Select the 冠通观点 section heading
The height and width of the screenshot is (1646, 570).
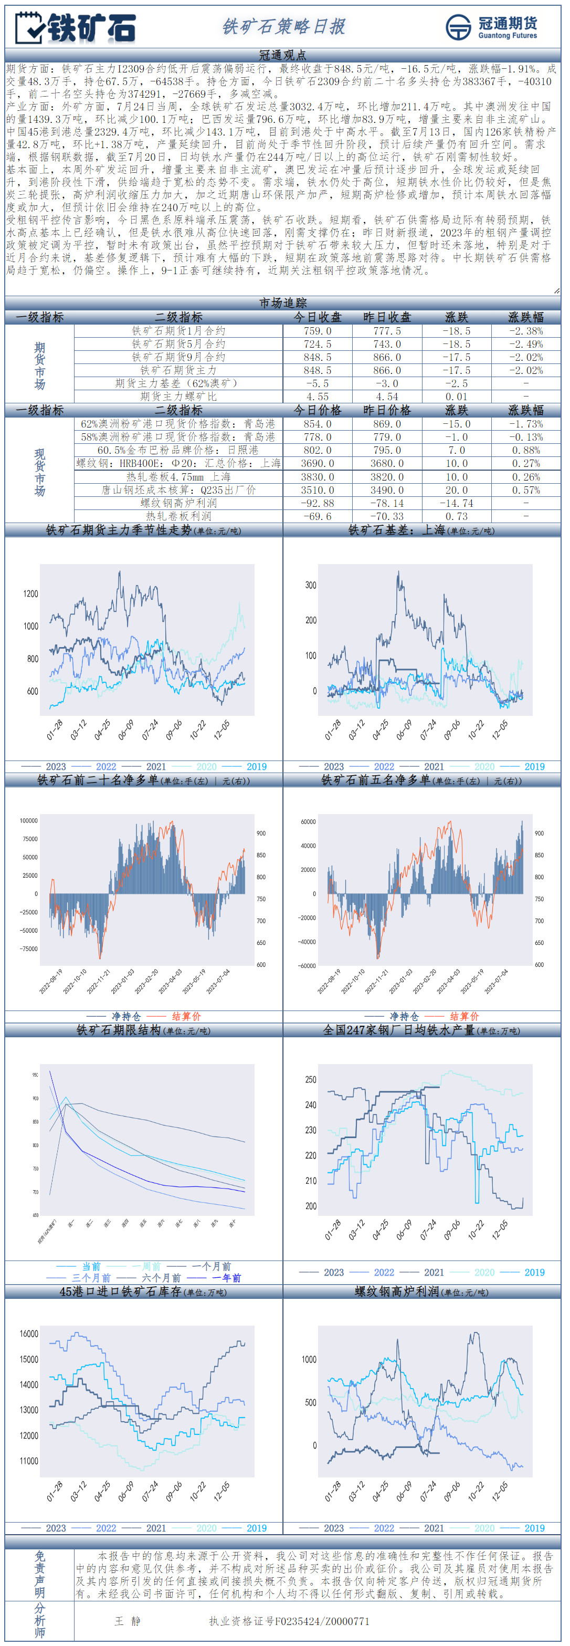coord(283,55)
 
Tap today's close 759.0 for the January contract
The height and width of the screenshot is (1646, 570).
coord(317,331)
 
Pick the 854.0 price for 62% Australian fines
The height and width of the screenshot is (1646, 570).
coord(317,424)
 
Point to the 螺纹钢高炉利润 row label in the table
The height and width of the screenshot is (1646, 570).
coord(178,504)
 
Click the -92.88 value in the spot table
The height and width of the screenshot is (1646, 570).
coord(317,504)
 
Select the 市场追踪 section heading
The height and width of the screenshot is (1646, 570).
coord(283,303)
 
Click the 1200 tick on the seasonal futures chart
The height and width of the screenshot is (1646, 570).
coord(30,593)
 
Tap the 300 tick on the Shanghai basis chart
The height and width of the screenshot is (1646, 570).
coord(310,585)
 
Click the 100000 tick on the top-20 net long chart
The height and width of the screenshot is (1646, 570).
coord(29,820)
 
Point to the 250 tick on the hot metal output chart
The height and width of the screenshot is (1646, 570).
coord(310,1079)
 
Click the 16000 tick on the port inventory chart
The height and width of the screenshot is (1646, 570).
coord(29,1334)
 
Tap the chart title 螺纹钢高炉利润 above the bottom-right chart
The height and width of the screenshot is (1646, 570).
coord(396,1291)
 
